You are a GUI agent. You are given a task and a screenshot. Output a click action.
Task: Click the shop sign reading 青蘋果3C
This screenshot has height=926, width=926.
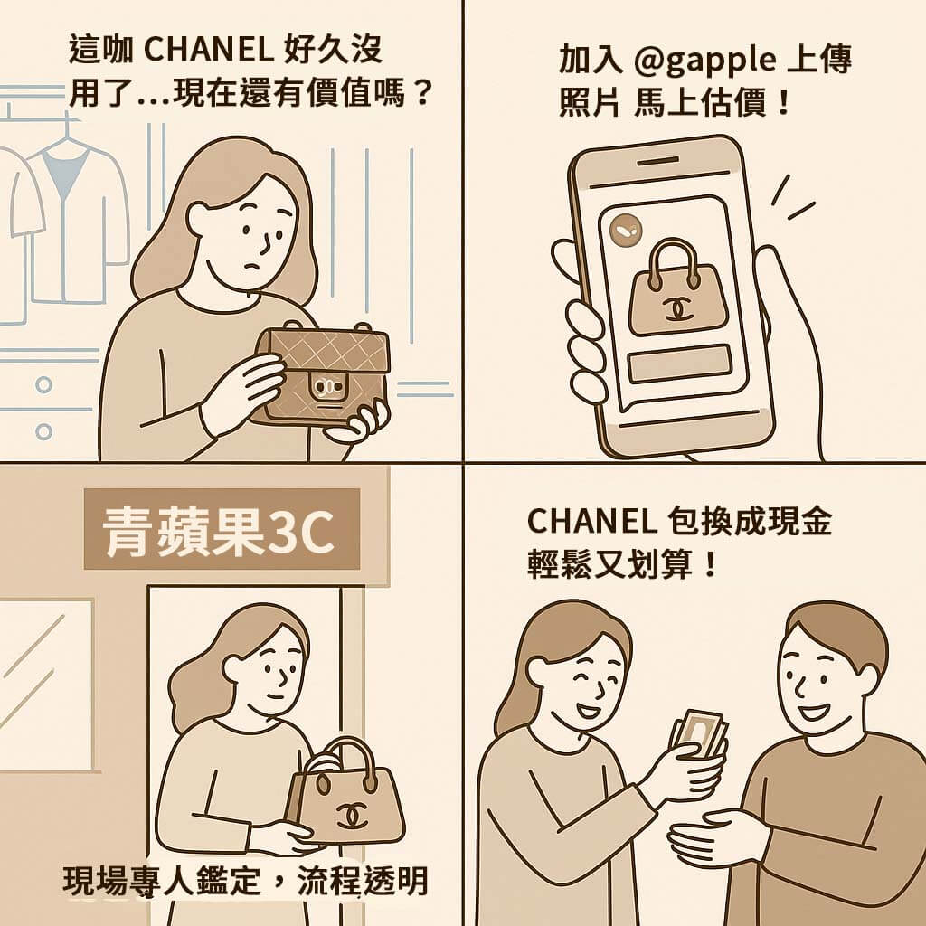tap(222, 528)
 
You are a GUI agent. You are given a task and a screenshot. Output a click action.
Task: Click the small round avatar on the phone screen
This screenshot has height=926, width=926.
tap(624, 230)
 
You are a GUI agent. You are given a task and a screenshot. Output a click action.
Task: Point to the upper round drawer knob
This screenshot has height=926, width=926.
tap(43, 385)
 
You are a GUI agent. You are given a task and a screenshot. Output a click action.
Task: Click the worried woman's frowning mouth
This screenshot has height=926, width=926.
tap(253, 266)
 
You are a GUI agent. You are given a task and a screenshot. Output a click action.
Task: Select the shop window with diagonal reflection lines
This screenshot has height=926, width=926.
tap(46, 685)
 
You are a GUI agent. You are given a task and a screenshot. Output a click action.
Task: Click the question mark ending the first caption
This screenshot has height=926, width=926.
tap(421, 93)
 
